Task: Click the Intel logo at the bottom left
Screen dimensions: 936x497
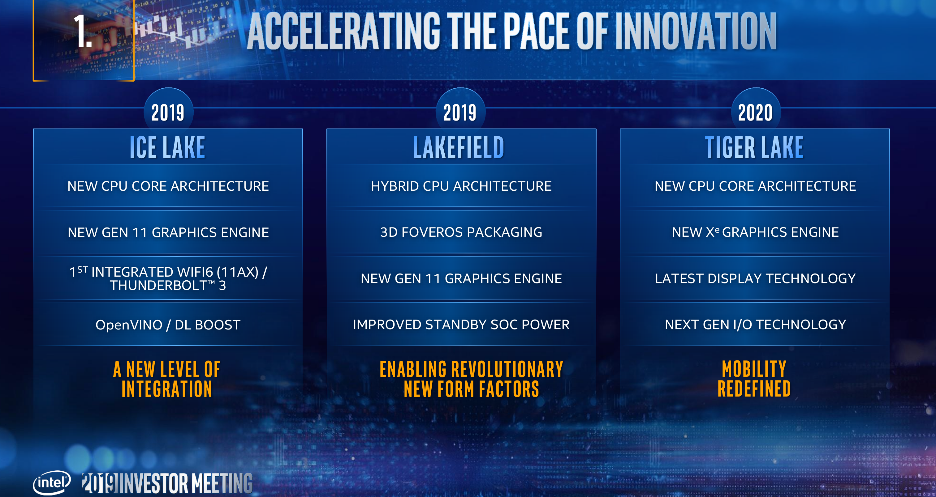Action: tap(52, 482)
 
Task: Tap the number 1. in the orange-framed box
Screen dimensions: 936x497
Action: tap(83, 31)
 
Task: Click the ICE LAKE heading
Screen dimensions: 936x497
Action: tap(167, 147)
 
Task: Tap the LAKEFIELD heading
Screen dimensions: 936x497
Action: tap(459, 147)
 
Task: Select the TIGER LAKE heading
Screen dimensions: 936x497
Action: tap(754, 147)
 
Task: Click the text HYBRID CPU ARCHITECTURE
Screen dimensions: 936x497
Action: tap(461, 186)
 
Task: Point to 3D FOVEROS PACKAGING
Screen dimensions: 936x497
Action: tap(461, 232)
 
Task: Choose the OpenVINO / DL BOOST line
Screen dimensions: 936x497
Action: tap(168, 325)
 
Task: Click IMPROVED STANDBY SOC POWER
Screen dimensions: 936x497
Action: tap(461, 325)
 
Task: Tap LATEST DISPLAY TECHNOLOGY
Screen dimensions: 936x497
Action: tap(755, 278)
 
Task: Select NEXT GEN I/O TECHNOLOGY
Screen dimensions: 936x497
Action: tap(755, 325)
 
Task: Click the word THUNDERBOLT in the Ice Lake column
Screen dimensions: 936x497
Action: tap(158, 286)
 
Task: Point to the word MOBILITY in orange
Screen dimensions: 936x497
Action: tap(754, 369)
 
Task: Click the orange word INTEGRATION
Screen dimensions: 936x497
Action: tap(167, 389)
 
